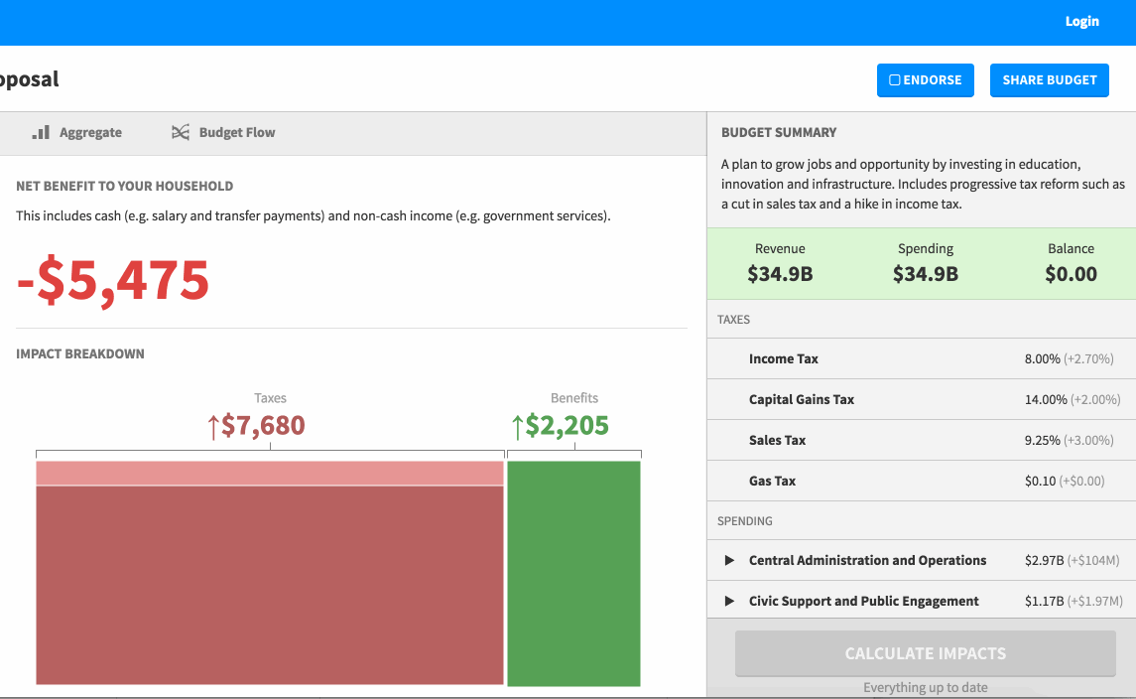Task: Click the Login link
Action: coord(1081,22)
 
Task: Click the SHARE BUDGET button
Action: coord(1049,80)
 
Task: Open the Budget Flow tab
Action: coord(223,133)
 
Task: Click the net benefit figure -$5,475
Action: coord(113,280)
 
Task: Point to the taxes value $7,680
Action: coord(256,426)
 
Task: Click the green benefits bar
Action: coord(573,573)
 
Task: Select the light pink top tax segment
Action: coord(270,474)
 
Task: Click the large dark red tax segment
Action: coord(270,585)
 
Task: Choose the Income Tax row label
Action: coord(784,359)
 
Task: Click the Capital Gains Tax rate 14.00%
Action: coord(1046,400)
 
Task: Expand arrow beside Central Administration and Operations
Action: coord(729,561)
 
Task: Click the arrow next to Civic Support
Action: coord(729,602)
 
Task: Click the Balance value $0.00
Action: coord(1071,274)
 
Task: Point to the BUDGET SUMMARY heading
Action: coord(779,133)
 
